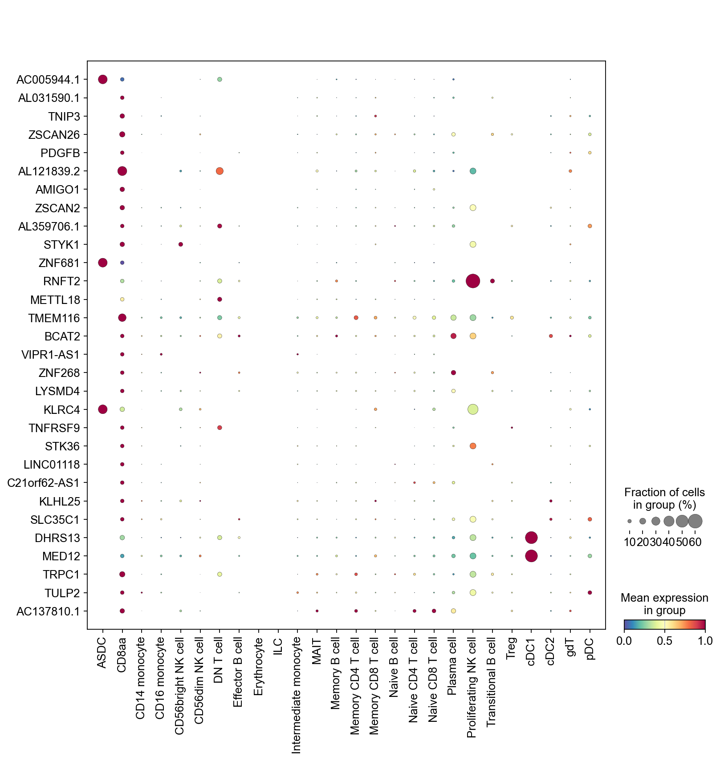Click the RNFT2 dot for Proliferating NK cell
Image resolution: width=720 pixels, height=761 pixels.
point(473,281)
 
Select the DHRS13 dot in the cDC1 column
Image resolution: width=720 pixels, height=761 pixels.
point(531,538)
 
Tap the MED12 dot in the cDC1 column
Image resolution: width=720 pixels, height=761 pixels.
point(531,556)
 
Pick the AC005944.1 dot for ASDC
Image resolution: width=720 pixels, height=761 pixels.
point(102,80)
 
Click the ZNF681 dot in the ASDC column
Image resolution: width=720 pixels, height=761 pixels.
point(102,263)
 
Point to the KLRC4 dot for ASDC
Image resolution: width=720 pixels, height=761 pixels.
point(102,409)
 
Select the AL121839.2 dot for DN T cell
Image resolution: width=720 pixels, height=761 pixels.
point(220,171)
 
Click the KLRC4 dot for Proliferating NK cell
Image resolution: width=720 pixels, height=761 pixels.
point(473,409)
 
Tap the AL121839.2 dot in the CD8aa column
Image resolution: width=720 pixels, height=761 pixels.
point(122,171)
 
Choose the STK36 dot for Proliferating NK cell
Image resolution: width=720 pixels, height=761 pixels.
point(473,446)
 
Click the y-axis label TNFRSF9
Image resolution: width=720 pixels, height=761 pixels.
point(54,428)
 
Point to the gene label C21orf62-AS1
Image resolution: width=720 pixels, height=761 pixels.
point(44,483)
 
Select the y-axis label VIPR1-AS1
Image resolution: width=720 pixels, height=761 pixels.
point(50,355)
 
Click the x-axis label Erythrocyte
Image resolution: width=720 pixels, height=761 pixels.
point(259,667)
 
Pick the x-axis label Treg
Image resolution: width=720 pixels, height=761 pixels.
point(511,648)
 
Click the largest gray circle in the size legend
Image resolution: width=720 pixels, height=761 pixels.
point(695,521)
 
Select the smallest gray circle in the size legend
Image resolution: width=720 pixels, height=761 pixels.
point(630,521)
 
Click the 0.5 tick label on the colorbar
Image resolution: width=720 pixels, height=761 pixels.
point(664,641)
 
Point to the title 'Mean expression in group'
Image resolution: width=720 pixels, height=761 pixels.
point(664,604)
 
